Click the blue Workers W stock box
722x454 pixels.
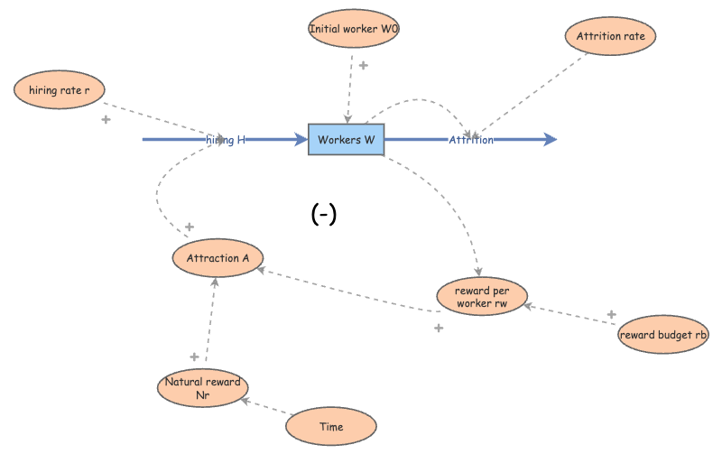click(x=347, y=140)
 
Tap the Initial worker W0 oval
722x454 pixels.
click(x=353, y=29)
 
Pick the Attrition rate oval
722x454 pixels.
click(x=611, y=37)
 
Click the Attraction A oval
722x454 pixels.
click(x=218, y=259)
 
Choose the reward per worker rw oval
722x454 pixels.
click(x=481, y=297)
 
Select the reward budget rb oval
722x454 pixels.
click(x=663, y=336)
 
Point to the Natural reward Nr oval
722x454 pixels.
click(x=202, y=388)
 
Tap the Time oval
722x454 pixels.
click(x=331, y=427)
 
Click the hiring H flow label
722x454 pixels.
click(x=226, y=140)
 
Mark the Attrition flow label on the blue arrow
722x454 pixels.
click(x=471, y=140)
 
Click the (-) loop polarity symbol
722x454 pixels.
click(x=323, y=214)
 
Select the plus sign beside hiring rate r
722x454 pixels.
click(x=106, y=119)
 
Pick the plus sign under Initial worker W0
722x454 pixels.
click(x=364, y=65)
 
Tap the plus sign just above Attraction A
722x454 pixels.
click(x=190, y=227)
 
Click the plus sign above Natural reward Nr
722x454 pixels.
click(x=193, y=357)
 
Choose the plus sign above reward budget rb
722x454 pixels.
click(x=611, y=314)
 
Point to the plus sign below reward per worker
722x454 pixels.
click(x=439, y=328)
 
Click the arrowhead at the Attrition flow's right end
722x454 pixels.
click(x=550, y=140)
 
